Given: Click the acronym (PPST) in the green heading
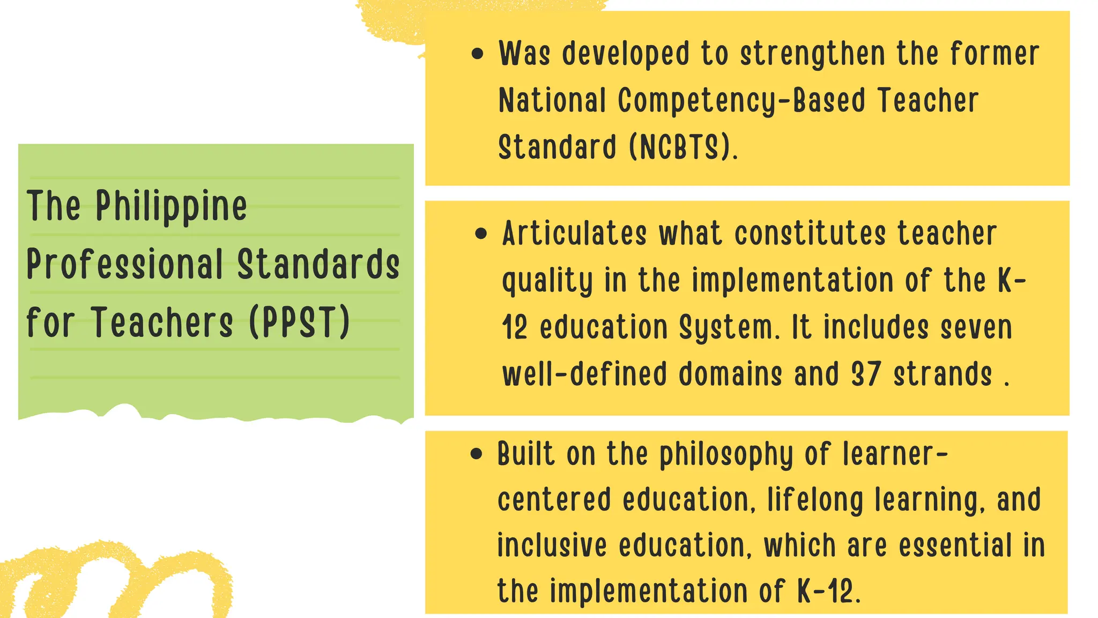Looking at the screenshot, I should pos(300,322).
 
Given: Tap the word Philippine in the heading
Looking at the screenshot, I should pos(172,206).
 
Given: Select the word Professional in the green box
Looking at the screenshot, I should pos(125,264).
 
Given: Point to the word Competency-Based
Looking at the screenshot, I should pos(741,101).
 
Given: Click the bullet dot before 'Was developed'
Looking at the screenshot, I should pos(477,54).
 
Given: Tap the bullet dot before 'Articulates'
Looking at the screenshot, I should pos(481,233).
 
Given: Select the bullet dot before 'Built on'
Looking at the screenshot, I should pos(476,454).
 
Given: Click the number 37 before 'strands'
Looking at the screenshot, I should pos(866,374).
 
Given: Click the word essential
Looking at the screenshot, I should pos(955,545).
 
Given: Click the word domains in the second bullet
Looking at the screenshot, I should pos(730,374).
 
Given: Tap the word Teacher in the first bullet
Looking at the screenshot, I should pos(928,101).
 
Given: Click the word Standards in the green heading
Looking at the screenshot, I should pos(318,264).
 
